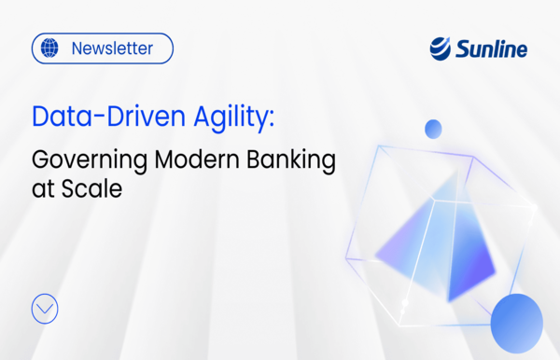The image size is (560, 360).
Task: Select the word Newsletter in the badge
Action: [x=111, y=48]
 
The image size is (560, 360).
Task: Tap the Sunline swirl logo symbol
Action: [x=441, y=48]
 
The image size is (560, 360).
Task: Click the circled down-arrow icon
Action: [x=45, y=309]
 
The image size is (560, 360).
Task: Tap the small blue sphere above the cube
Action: [x=432, y=129]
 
